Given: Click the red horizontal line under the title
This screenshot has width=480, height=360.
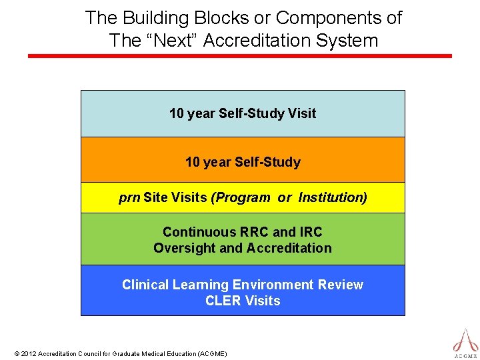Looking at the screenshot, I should [x=240, y=56].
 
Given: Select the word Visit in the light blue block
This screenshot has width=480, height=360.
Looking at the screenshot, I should [x=302, y=113].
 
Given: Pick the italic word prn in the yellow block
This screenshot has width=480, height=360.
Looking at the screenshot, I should [x=129, y=198].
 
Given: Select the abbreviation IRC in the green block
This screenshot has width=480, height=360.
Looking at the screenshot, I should [x=310, y=232].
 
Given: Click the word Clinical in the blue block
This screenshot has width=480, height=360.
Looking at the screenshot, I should [x=145, y=285].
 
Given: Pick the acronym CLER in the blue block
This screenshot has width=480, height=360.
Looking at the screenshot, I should [x=223, y=301].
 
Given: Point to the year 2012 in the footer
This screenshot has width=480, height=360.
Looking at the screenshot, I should [x=29, y=353].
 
